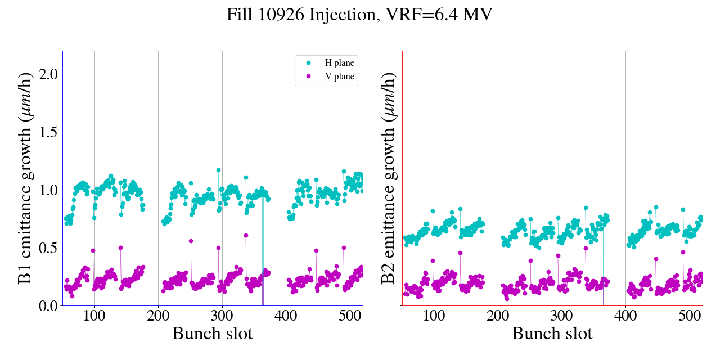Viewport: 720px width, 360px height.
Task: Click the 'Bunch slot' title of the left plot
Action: click(213, 334)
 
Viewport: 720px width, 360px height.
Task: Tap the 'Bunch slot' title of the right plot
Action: click(552, 334)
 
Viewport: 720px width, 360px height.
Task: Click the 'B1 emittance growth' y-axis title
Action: click(25, 178)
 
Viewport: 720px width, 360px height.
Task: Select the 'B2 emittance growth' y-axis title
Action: click(388, 178)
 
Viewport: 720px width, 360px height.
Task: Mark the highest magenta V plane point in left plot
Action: click(246, 235)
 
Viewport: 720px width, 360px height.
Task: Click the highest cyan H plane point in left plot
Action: click(218, 170)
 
